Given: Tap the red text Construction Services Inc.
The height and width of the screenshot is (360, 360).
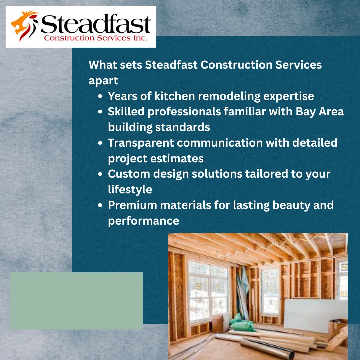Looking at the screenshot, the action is [96, 38].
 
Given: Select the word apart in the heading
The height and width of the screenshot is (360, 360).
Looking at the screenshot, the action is [103, 81].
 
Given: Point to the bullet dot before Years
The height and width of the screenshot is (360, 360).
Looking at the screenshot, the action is [100, 96].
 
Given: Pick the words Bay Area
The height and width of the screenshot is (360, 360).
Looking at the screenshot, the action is [320, 112].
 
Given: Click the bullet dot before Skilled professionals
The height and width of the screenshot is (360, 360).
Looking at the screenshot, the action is [100, 112].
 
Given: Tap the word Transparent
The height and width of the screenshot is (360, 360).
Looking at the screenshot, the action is [141, 143].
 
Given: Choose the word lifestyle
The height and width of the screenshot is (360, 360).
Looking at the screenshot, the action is [130, 190].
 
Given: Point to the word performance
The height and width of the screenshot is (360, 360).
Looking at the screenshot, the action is [143, 221].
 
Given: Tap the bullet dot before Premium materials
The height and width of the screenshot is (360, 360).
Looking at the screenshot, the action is [100, 205].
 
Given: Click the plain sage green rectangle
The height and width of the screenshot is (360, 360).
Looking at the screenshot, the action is [76, 301].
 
